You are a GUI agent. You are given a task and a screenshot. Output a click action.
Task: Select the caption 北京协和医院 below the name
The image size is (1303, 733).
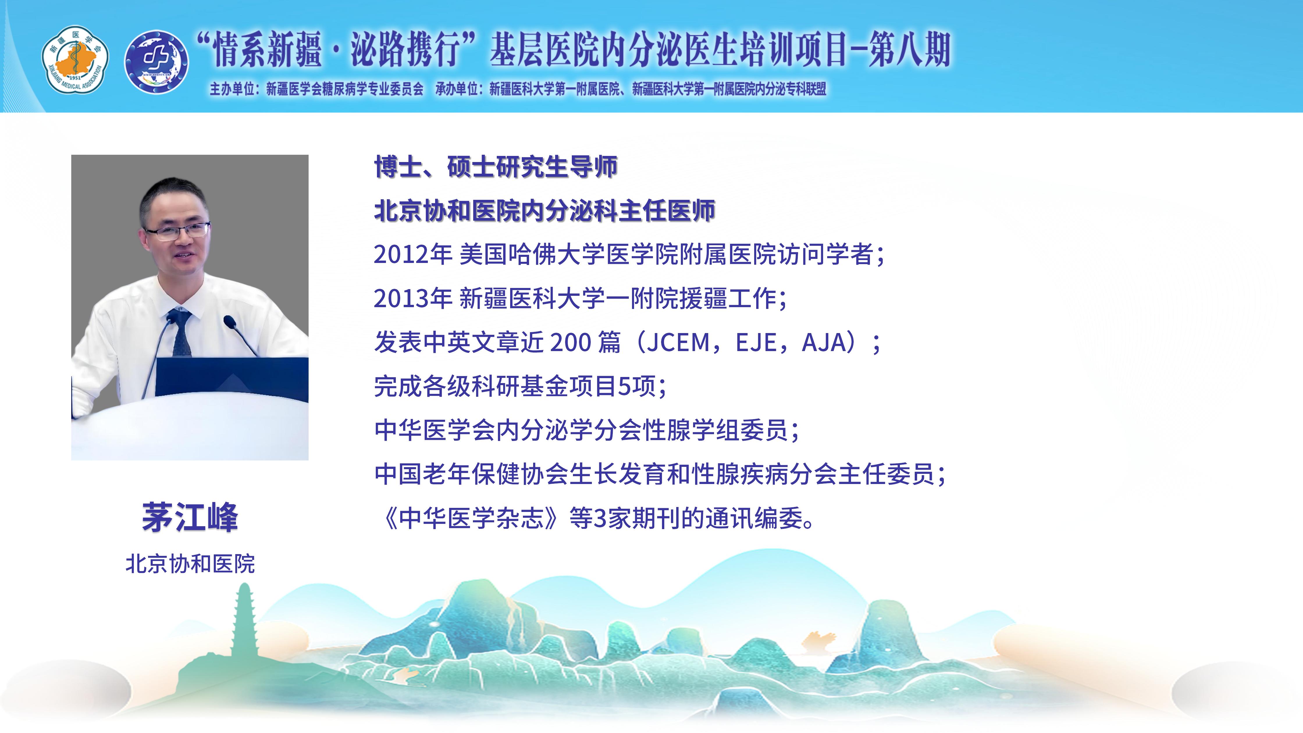pos(190,563)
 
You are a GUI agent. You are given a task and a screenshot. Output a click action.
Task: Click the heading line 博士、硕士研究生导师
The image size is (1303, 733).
pos(496,167)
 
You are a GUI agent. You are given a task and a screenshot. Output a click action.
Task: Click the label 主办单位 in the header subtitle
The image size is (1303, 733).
pos(232,90)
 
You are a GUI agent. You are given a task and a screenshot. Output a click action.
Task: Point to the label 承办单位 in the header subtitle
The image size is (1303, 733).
pos(457,90)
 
